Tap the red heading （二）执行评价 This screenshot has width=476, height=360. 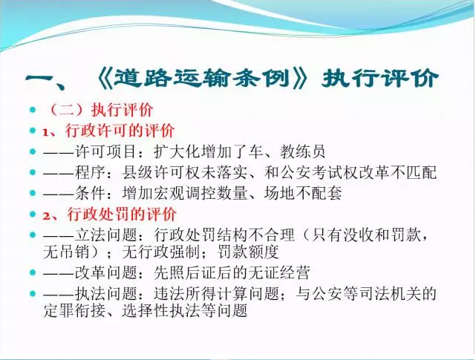(x=98, y=110)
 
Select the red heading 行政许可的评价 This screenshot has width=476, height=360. (x=120, y=131)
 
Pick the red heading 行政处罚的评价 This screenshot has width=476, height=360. (x=122, y=215)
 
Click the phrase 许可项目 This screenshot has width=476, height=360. (x=105, y=151)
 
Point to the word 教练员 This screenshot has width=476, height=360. (x=303, y=151)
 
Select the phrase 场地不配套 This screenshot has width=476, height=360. (x=303, y=193)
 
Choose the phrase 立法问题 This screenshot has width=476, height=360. (x=105, y=235)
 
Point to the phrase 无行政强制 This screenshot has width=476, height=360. (x=161, y=252)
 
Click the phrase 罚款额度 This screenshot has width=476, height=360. (x=248, y=252)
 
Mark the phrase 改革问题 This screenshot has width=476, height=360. (x=105, y=272)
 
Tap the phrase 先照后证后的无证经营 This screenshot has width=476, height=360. (x=232, y=272)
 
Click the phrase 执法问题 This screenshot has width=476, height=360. (x=105, y=293)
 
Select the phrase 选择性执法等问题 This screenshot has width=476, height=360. (x=185, y=310)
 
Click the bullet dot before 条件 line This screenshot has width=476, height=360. (x=33, y=193)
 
